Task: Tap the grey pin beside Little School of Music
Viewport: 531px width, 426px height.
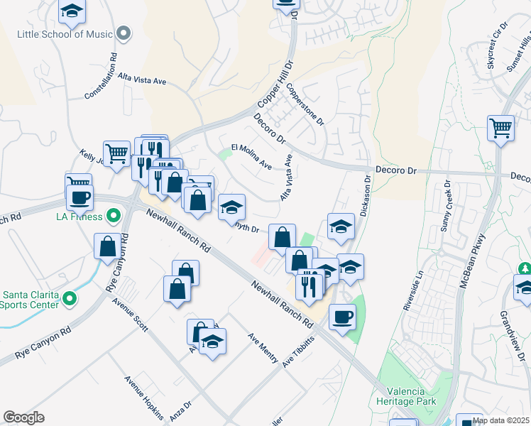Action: [x=124, y=33]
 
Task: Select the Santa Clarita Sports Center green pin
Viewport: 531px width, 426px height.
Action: [x=69, y=298]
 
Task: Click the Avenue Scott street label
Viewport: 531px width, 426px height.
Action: [x=130, y=315]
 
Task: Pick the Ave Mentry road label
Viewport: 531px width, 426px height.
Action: [x=262, y=348]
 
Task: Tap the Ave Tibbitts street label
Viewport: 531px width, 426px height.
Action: [x=297, y=351]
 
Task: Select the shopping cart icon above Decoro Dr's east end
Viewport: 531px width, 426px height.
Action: [x=501, y=129]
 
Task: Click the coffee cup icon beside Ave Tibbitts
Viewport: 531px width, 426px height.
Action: [x=343, y=316]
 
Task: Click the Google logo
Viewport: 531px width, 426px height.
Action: [x=23, y=417]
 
